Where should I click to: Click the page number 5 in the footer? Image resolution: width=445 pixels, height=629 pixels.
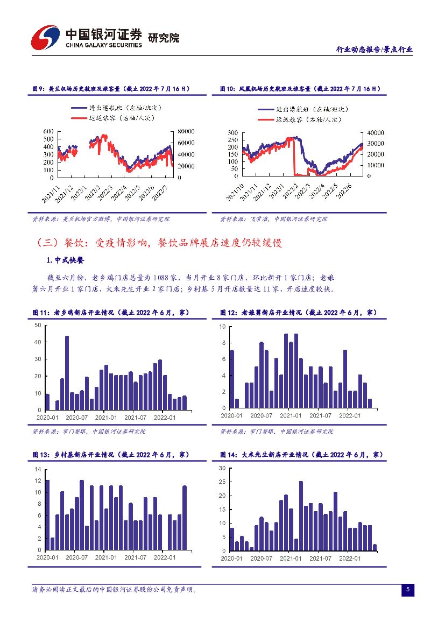pyautogui.click(x=408, y=590)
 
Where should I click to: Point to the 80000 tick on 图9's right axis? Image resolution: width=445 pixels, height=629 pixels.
pyautogui.click(x=185, y=131)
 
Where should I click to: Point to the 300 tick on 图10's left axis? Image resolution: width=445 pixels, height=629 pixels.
pyautogui.click(x=233, y=132)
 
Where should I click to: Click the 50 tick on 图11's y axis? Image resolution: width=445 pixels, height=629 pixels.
pyautogui.click(x=38, y=325)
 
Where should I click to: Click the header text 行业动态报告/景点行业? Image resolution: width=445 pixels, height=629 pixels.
pyautogui.click(x=375, y=50)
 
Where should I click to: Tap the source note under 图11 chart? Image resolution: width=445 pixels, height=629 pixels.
pyautogui.click(x=89, y=432)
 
